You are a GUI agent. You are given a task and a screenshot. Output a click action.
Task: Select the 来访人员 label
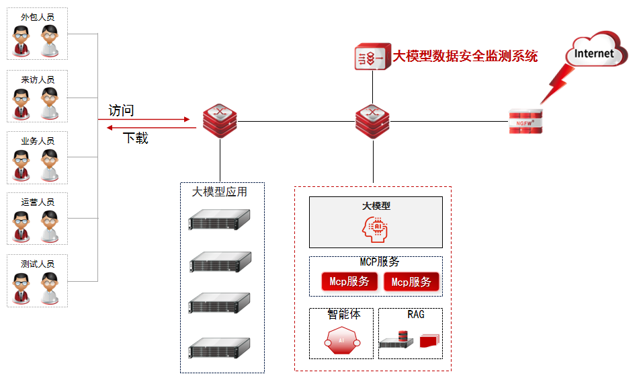(38, 79)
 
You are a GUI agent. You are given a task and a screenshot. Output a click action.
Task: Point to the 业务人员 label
(38, 141)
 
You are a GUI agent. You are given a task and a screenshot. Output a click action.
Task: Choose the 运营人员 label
(38, 202)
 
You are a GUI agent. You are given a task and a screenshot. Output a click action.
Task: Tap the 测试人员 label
(38, 264)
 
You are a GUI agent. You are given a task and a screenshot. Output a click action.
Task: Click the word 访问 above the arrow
(121, 110)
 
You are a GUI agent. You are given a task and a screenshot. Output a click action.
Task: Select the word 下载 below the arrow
(135, 139)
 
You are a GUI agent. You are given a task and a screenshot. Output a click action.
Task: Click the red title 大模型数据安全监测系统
(465, 56)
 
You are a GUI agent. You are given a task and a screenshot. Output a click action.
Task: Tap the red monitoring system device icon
(372, 57)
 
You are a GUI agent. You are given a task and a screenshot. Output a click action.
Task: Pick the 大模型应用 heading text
(220, 192)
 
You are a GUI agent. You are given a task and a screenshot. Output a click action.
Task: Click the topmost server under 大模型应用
(219, 219)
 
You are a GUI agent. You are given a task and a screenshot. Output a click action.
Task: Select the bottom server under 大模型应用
(219, 347)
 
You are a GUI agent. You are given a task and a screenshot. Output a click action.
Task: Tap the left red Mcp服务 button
(349, 282)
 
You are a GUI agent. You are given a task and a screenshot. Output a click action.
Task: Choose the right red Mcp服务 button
(411, 282)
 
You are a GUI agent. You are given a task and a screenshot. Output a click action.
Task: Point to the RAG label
(416, 314)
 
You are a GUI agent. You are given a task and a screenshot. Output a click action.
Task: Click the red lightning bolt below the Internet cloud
(557, 85)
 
